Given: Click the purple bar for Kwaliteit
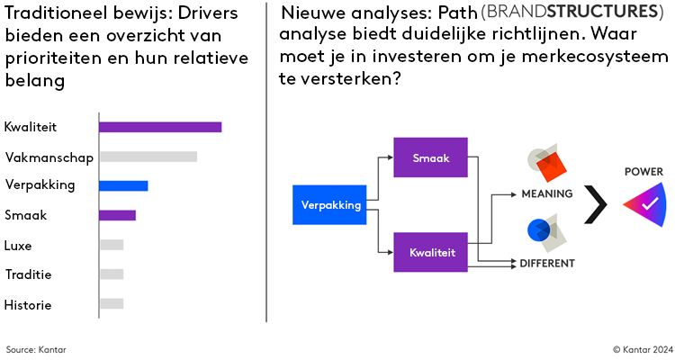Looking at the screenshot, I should [x=160, y=127].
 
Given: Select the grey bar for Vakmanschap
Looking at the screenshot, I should [x=148, y=157].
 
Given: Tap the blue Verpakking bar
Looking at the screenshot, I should [x=123, y=186].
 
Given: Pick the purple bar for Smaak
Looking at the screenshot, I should [x=117, y=215].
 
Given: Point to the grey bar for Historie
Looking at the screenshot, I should [x=111, y=304].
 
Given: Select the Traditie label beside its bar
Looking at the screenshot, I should [x=28, y=274].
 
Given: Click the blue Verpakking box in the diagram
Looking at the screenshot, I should [x=331, y=204].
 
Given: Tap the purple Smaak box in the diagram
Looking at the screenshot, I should [x=430, y=157].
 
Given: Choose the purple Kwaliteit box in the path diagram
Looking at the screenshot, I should [x=430, y=252].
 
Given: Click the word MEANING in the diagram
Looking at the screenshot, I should [x=546, y=193].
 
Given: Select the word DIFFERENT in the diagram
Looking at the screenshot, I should [x=546, y=264].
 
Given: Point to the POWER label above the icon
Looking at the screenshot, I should [x=643, y=170].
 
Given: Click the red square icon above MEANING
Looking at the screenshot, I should [x=548, y=165].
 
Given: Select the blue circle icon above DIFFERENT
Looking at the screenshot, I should [x=538, y=229].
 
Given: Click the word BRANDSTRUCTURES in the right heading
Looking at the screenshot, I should [x=559, y=13].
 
